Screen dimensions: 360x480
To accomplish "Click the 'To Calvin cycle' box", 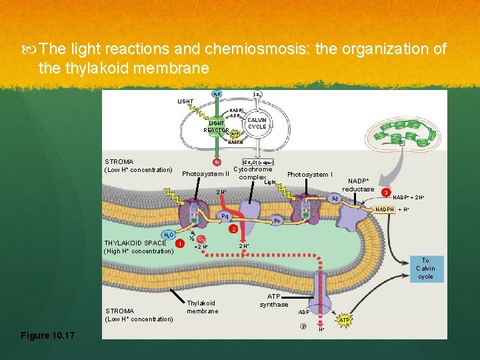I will (425, 268).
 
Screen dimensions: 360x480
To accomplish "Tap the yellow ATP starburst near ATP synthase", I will (345, 320).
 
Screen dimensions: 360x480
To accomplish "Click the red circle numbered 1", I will (179, 243).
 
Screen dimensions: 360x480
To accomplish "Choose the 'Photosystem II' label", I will (205, 175).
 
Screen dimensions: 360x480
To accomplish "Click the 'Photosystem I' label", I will (309, 175).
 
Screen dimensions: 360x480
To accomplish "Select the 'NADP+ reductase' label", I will (358, 185).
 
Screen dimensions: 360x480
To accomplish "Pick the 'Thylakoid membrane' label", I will (203, 307).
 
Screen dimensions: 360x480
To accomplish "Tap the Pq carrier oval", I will (225, 216).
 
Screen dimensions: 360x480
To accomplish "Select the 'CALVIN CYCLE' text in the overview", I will (257, 123).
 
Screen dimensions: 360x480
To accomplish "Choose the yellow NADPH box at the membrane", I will (384, 209).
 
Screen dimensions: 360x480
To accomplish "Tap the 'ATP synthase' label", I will (274, 300).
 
